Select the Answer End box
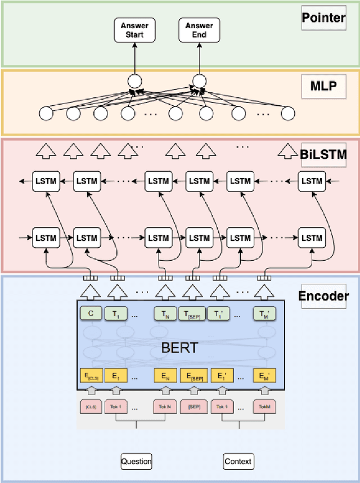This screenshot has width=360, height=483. point(199,30)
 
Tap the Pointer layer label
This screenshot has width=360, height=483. point(324,17)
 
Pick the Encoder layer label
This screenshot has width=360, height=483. point(323,296)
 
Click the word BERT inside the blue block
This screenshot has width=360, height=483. point(181,347)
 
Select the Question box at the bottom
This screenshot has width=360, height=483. point(136,462)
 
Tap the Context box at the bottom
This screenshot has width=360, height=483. point(238,462)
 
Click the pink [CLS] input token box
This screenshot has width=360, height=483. point(90,406)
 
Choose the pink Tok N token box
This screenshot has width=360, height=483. point(164,406)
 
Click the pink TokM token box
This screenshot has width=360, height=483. point(264,406)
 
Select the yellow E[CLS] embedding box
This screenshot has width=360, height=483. point(90,376)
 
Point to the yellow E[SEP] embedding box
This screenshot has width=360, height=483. point(193,376)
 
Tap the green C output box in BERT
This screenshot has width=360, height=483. point(90,314)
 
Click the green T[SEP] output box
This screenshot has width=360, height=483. point(192,314)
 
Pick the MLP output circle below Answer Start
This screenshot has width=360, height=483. point(133,81)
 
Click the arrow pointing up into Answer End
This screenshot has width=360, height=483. point(199,59)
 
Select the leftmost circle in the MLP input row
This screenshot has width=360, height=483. point(46,114)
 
